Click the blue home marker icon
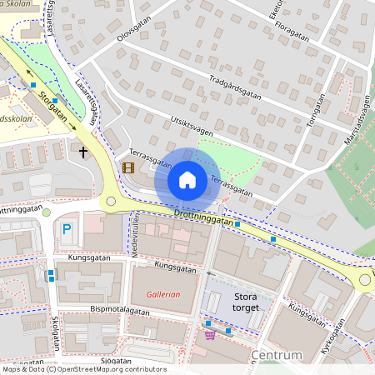tap(187, 179)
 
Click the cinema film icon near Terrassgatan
tap(127, 167)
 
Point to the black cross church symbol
tap(83, 152)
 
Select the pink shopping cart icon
tap(210, 335)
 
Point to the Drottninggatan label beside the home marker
tap(203, 217)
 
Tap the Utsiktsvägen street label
tap(192, 126)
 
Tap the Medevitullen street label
tap(133, 242)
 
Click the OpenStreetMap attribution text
tap(83, 369)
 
